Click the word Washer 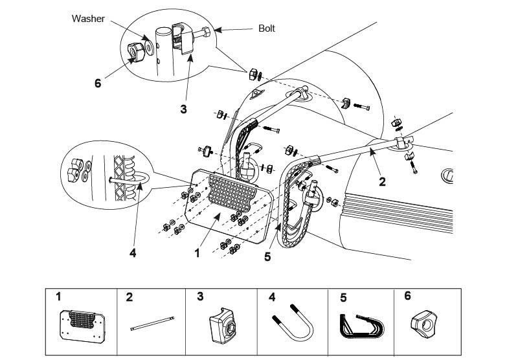click(x=88, y=19)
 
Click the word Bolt click(x=267, y=28)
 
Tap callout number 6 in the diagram click(x=98, y=84)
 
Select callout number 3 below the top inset click(x=184, y=109)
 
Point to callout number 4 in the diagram click(x=133, y=253)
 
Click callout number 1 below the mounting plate click(x=197, y=253)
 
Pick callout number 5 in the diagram click(x=267, y=256)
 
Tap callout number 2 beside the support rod click(x=382, y=182)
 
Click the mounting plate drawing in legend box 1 click(x=82, y=326)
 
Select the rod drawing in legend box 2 click(x=152, y=324)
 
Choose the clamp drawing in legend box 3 click(x=223, y=326)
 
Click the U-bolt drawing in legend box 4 click(x=293, y=324)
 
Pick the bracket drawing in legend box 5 click(x=362, y=326)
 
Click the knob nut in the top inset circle click(x=135, y=52)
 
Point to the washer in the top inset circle click(x=150, y=48)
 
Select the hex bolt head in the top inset click(x=206, y=32)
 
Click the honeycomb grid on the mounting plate click(x=232, y=194)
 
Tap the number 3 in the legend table click(x=200, y=297)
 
